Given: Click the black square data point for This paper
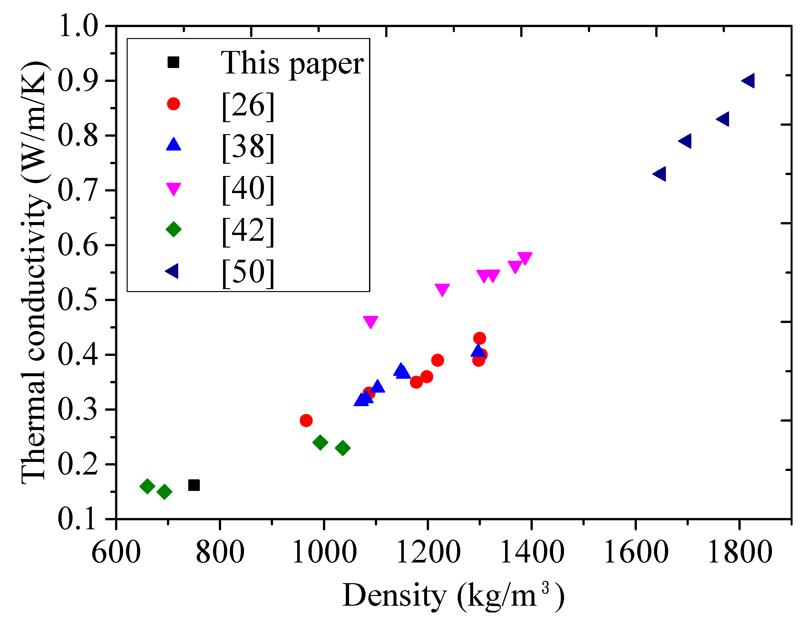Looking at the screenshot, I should coord(194,485).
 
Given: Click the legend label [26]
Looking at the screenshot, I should coord(248,106).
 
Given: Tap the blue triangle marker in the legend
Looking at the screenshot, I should coord(173,144).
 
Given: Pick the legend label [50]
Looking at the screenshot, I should coord(248,273).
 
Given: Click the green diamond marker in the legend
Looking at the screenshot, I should coord(173,229).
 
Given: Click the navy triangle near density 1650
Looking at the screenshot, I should coord(660,174).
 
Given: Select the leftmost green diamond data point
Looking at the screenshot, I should coord(147,486).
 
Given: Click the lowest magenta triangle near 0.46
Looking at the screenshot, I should coord(370,321).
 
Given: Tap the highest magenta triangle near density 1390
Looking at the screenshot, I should coord(525,258).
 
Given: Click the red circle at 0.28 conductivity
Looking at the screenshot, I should coord(306,420).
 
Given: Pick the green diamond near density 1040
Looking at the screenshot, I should coord(343,448).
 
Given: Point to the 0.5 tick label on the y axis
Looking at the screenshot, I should coord(78,300).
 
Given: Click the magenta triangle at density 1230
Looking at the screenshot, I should coord(442,290).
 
